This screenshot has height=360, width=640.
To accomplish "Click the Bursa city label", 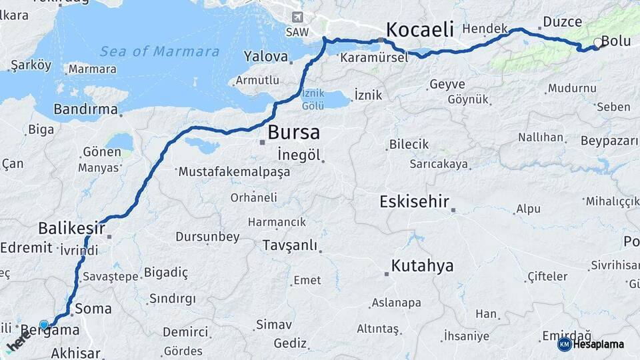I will [293, 132].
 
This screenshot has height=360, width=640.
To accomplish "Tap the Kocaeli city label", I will [419, 29].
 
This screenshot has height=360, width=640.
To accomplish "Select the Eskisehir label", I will [415, 201].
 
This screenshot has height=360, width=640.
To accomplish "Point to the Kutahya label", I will [422, 266].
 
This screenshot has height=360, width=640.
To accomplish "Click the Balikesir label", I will [71, 228].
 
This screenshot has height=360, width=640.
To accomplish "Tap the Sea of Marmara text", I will [159, 51].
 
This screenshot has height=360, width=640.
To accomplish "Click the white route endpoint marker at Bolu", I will [597, 44].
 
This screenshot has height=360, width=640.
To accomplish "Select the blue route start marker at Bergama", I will [44, 325].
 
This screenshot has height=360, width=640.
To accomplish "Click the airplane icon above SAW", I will [297, 17].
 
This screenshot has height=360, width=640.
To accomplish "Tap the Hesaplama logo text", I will [597, 345].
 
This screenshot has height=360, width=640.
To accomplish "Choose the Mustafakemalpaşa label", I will [234, 172].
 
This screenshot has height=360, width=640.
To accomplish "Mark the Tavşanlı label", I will [290, 245].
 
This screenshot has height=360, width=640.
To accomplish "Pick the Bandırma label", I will [85, 109].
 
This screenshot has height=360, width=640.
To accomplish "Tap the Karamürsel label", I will [373, 58].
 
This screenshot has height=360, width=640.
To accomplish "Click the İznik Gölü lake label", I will [313, 101].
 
